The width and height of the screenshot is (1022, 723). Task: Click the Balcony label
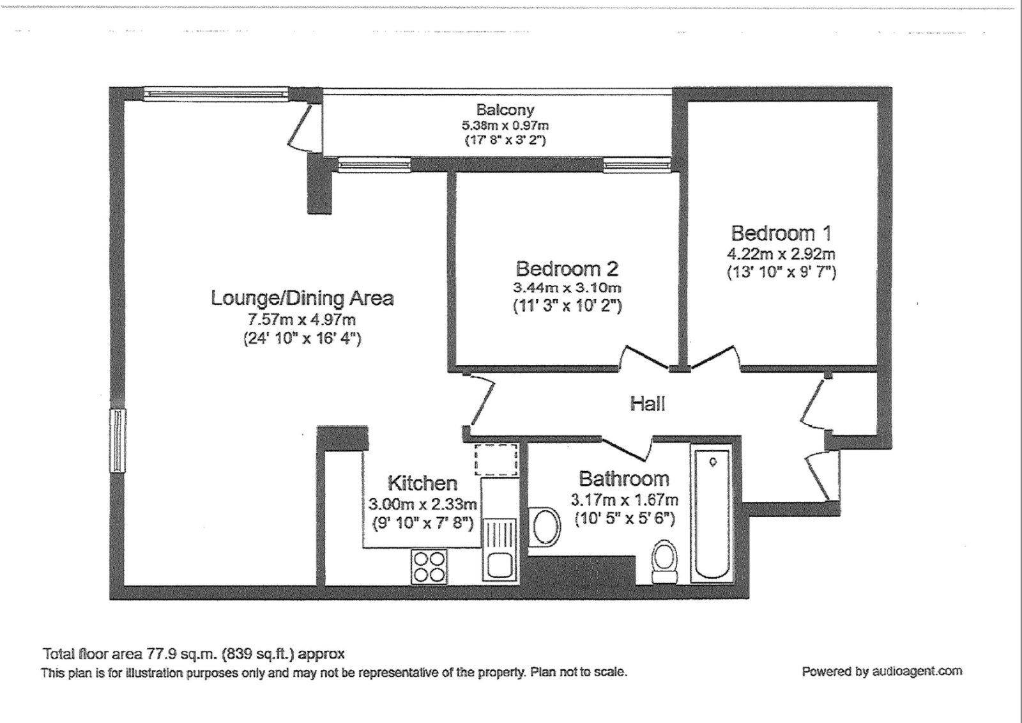point(505,110)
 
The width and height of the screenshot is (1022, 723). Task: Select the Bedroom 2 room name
point(567,268)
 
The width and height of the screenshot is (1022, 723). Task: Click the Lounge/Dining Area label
point(302,298)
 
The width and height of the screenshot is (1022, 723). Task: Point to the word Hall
point(648,403)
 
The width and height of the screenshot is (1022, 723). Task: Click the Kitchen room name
point(422,483)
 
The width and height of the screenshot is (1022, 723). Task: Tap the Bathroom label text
point(623,478)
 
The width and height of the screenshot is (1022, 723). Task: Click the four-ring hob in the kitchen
point(429,566)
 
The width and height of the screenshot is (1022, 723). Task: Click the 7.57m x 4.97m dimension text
point(302,320)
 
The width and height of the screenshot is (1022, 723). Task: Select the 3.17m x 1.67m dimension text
point(623,499)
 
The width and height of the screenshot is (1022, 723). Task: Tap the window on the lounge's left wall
point(118,440)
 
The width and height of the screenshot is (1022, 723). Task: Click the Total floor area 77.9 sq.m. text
point(194,654)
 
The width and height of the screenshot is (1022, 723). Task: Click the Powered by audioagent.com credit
point(881,671)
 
